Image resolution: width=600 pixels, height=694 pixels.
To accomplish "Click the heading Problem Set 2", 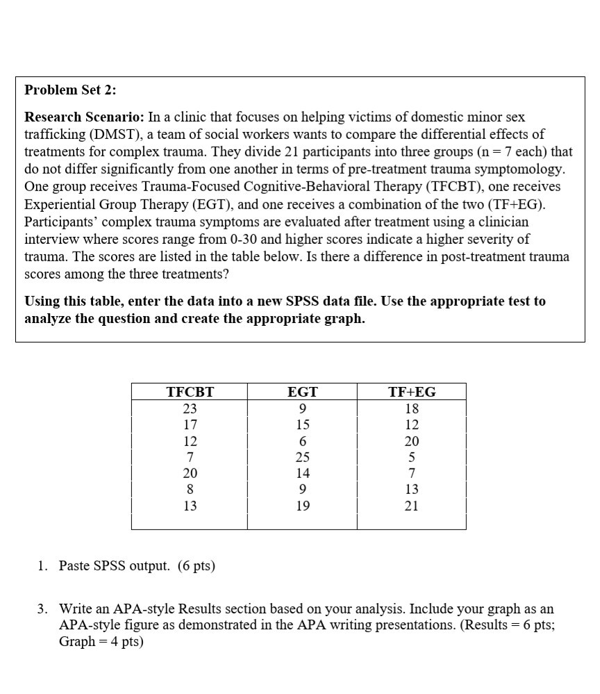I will point(71,90).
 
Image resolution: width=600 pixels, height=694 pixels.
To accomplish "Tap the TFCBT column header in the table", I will point(190,392).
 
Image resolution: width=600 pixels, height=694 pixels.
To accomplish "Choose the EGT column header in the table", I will point(302,392).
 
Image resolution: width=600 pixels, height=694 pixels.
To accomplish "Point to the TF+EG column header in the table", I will point(411,392).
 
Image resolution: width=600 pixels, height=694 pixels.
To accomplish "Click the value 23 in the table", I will point(190,408).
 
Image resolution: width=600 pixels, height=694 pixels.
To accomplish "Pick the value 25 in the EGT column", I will point(302,457).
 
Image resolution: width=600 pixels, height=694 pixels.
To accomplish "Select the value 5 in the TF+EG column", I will point(411,457).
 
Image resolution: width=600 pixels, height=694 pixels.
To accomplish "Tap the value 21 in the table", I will point(411,506).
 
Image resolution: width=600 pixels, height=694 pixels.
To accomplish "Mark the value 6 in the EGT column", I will point(302,441).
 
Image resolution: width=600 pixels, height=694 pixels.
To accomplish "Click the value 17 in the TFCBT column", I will point(190,424).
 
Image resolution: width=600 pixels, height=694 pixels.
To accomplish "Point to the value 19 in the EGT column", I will point(302,506).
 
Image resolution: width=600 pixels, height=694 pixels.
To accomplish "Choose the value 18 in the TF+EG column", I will point(411,408).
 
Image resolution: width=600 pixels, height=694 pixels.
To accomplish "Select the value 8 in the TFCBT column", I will point(190,490).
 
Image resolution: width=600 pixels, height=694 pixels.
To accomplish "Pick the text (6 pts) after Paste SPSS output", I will point(197,566).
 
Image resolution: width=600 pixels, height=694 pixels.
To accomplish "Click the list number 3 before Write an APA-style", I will point(42,609).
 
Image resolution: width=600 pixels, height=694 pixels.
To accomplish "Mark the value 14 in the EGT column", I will point(302,474).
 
